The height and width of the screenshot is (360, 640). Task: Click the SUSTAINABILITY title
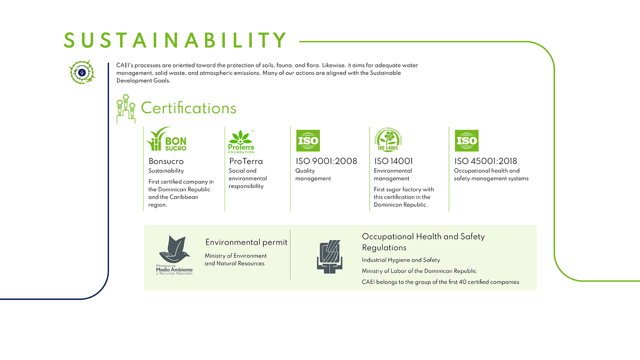click(x=175, y=40)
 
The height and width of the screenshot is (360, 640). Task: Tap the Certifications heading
click(x=189, y=108)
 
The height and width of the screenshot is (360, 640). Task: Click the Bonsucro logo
click(x=166, y=139)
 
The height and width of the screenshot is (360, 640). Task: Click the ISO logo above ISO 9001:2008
click(x=308, y=141)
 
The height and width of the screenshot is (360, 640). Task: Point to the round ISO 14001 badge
click(x=388, y=140)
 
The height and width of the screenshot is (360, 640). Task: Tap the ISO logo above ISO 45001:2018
click(x=467, y=141)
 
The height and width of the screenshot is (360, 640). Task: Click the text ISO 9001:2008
click(x=326, y=161)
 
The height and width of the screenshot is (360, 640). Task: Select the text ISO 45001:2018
click(x=486, y=161)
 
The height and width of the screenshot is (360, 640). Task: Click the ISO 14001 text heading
click(x=394, y=161)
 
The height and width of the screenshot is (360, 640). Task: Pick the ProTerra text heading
click(x=246, y=161)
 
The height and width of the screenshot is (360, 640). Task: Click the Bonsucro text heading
click(x=166, y=161)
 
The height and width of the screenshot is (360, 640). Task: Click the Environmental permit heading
click(x=246, y=242)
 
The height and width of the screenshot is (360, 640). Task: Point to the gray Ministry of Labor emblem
click(x=330, y=257)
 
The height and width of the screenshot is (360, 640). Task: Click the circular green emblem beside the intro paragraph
click(x=82, y=72)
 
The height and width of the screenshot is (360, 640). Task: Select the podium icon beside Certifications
click(x=126, y=109)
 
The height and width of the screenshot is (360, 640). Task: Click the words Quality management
click(x=313, y=175)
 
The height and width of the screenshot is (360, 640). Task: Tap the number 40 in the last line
click(x=463, y=282)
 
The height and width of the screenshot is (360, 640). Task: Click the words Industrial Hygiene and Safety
click(x=401, y=260)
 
